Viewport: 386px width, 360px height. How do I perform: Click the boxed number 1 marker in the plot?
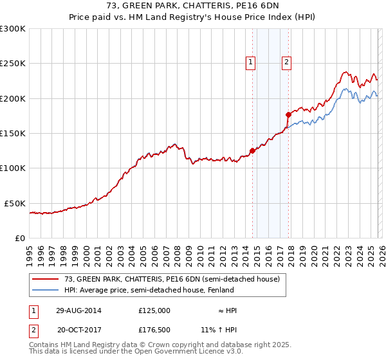tap(250, 62)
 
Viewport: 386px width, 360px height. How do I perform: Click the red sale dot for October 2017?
tap(288, 114)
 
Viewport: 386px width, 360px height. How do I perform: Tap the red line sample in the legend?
tap(46, 279)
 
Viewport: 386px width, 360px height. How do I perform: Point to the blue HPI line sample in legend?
tap(46, 289)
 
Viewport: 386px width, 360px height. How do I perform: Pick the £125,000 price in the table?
tap(154, 310)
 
